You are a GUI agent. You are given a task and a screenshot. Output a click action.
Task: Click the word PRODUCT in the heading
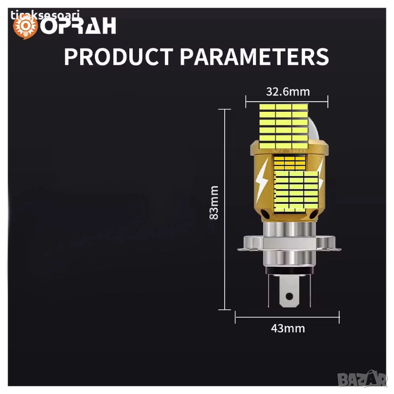119,57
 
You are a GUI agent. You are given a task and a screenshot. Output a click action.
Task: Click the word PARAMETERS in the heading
254,57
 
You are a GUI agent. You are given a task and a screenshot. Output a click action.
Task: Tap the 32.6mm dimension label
288,92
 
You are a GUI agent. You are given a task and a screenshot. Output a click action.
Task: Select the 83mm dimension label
214,203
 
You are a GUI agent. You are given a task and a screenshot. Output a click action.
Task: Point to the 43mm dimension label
288,328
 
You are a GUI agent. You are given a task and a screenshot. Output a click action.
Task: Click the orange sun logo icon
25,27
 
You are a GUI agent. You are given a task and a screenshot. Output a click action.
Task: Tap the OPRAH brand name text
78,26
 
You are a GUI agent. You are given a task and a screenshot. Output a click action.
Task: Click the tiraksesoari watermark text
45,15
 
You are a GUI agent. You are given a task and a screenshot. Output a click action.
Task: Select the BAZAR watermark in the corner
362,379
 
